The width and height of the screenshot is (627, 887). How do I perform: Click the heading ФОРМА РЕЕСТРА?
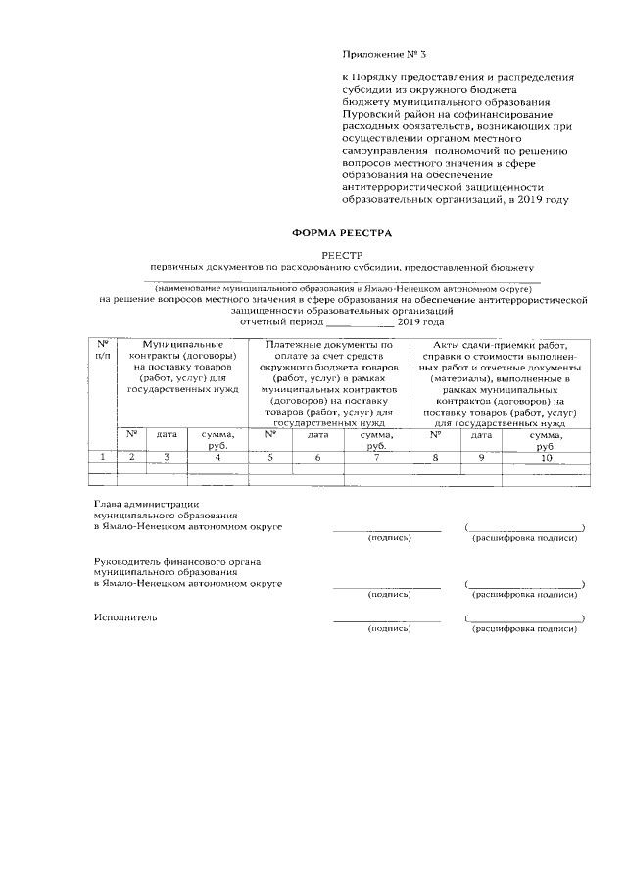[342, 233]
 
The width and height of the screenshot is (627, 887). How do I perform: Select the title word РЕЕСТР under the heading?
[342, 253]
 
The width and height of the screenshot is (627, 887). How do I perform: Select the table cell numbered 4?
[217, 457]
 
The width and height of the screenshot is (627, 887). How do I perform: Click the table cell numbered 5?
[269, 457]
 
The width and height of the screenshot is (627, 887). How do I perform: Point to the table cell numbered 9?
[481, 457]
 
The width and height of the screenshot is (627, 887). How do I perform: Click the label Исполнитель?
[125, 618]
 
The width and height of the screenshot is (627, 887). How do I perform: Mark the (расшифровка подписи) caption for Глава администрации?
[525, 538]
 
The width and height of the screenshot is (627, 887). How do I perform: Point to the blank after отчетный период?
[360, 321]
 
